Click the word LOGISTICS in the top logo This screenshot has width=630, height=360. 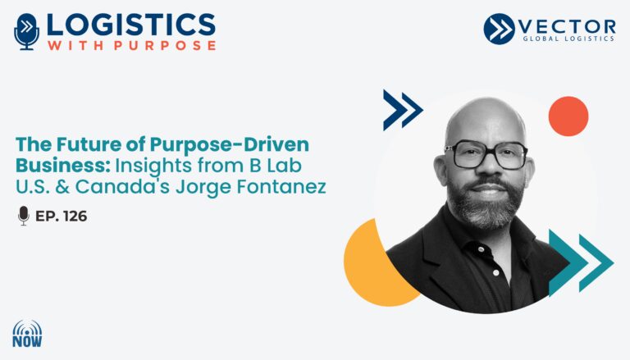point(131,25)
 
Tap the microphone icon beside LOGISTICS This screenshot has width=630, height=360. point(26,32)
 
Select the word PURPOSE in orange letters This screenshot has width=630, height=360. point(165,45)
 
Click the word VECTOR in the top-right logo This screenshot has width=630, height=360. point(567,26)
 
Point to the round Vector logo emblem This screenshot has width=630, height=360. point(499,29)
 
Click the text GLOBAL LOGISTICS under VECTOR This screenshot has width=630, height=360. point(568,39)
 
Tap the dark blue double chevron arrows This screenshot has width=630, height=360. point(403,110)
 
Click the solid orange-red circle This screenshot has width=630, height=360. point(568,116)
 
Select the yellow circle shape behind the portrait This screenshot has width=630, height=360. point(370,265)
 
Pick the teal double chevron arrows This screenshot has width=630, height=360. point(581,262)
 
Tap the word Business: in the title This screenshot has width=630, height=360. point(63,165)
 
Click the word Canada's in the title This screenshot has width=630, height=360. point(122,186)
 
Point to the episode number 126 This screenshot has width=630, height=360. point(75,216)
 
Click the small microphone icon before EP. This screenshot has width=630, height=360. point(24,216)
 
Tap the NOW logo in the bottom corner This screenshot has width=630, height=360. point(27,334)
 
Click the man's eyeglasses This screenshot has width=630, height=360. point(486,154)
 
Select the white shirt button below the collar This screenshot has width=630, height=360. point(495,273)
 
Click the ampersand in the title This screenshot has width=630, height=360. point(62,187)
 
